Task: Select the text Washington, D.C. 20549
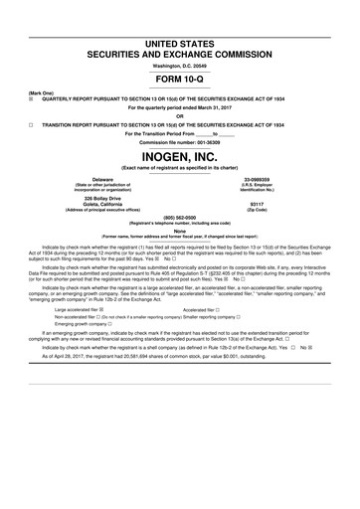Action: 180,64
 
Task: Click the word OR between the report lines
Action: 180,115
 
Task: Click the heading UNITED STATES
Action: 180,36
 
